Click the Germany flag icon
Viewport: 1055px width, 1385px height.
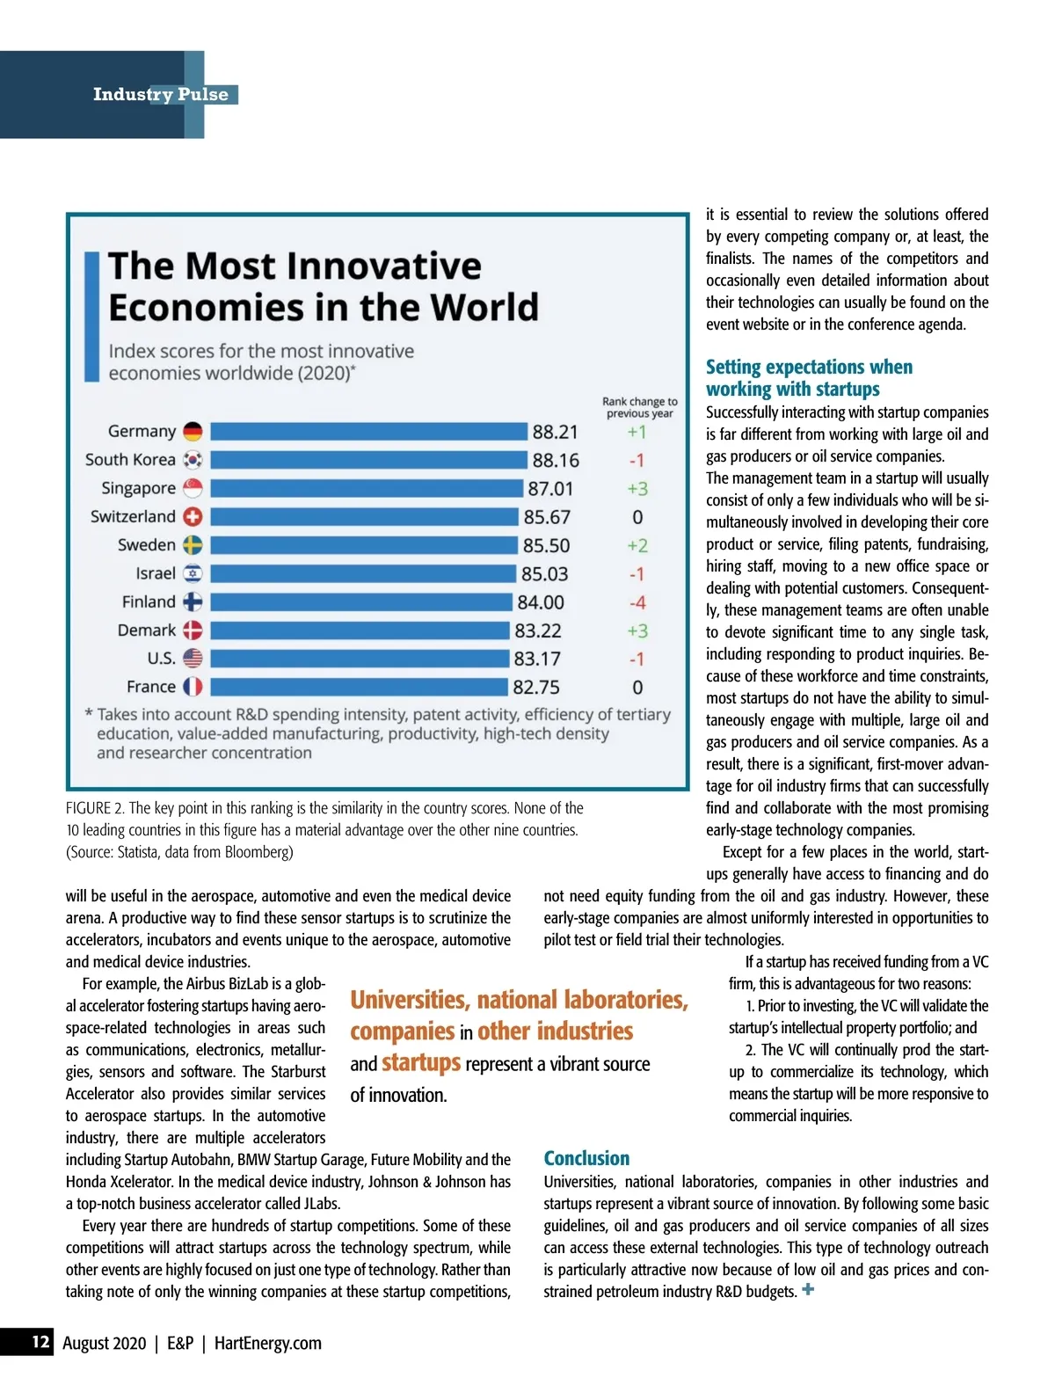193,431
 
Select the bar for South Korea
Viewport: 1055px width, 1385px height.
368,460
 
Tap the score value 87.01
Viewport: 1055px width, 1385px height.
550,489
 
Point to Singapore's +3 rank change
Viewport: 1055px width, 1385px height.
637,489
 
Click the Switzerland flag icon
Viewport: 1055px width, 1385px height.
193,517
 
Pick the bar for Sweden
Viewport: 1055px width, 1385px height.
364,545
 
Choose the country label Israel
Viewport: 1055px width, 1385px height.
156,573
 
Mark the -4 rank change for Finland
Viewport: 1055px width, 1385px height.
637,602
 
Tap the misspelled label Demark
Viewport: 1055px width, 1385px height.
147,631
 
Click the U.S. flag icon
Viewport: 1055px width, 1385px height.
193,659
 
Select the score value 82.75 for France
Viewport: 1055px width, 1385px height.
536,687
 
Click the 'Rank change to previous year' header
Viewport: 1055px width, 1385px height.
640,407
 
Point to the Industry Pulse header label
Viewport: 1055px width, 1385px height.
161,94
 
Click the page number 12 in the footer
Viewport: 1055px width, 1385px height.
40,1342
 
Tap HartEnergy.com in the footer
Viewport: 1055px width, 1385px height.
268,1343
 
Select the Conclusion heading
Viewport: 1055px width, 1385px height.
586,1158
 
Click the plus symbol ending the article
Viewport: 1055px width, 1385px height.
808,1290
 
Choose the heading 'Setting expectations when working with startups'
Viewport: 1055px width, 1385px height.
809,378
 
